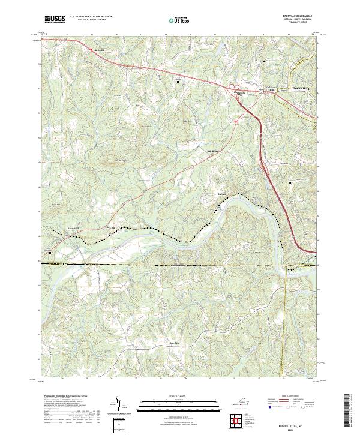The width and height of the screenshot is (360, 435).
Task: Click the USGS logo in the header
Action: (x=55, y=19)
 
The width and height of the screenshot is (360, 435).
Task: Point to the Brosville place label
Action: (x=100, y=50)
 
